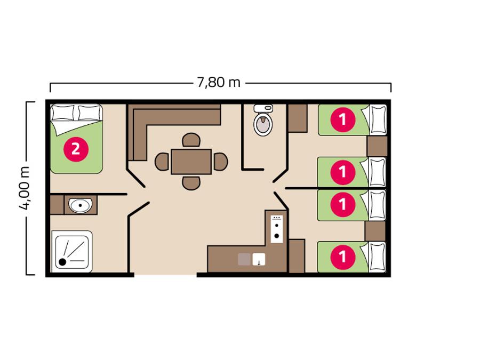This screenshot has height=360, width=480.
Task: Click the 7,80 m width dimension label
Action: pos(218,82)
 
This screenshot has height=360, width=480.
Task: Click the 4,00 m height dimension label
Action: pos(25,188)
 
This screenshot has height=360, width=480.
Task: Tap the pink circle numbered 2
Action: pos(76,149)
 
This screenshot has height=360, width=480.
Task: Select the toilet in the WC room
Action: pos(263,121)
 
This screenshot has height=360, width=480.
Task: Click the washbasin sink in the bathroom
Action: pos(80,205)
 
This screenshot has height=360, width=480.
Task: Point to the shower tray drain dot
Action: pos(62,262)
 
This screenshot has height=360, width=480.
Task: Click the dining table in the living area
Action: pos(191,162)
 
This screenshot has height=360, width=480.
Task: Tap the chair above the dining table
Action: pos(191,140)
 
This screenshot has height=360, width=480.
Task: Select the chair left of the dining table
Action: pos(162,162)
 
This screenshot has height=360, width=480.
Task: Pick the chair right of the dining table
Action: pos(220,162)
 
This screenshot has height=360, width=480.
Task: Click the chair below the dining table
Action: pos(191,183)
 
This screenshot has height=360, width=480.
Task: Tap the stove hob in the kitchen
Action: pos(277,229)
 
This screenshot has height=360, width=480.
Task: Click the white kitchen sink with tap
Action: pos(259,259)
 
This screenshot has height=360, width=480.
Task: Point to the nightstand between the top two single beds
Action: pos(377,146)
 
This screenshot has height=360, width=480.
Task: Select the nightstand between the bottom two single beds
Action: pos(375,231)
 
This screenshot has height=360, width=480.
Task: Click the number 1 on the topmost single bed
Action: pos(343,119)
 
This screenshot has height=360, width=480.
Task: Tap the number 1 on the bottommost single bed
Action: pos(343,257)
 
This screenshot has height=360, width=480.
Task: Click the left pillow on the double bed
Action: pos(63,113)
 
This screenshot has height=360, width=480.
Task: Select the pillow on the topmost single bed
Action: pos(378,119)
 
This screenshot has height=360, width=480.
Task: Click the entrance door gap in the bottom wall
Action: pos(165,275)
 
